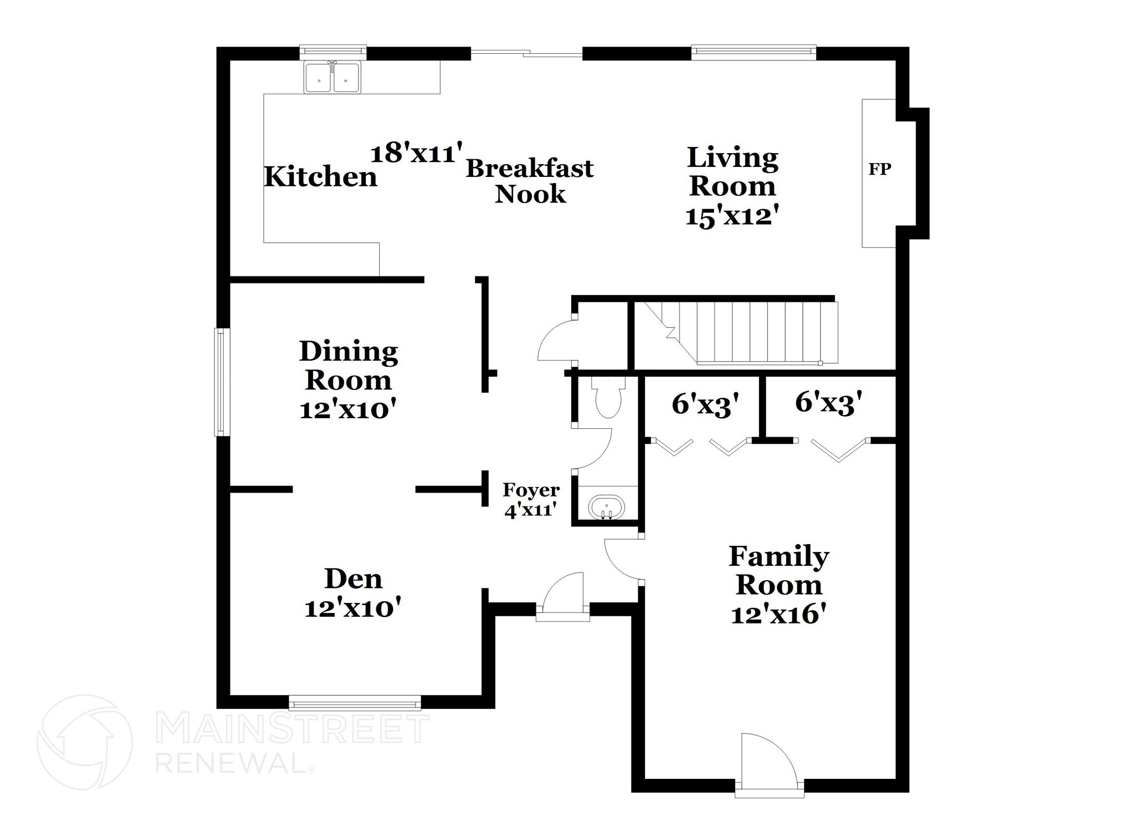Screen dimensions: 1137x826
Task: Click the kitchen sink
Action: [x=332, y=77]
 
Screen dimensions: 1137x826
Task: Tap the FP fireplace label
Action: [x=880, y=169]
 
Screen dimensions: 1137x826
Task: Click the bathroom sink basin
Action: [x=607, y=508]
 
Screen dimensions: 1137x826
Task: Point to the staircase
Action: [x=736, y=333]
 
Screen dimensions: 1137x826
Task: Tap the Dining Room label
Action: [x=349, y=366]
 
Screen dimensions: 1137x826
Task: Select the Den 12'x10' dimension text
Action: [x=353, y=609]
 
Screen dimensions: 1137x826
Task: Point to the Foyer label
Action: [x=531, y=490]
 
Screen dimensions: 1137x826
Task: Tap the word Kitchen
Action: [x=321, y=178]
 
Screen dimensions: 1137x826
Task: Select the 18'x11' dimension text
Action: [x=417, y=153]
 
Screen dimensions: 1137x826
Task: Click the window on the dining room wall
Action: [x=222, y=382]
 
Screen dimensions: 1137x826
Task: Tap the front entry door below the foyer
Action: [x=563, y=597]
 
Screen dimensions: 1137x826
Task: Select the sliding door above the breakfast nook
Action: [x=526, y=53]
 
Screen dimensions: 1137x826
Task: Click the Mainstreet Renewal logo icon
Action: [x=85, y=742]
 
